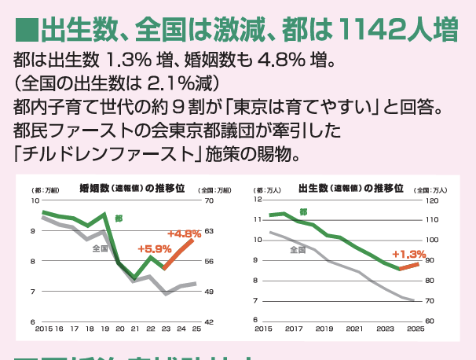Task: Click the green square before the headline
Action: click(28, 32)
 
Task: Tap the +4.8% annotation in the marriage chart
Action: click(184, 233)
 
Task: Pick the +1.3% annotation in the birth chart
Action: click(409, 254)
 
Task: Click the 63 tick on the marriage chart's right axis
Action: click(208, 231)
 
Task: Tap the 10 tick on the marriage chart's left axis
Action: click(34, 201)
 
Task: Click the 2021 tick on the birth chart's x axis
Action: click(354, 328)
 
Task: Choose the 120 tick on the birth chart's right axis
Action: click(431, 200)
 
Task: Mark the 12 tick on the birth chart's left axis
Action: click(257, 200)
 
